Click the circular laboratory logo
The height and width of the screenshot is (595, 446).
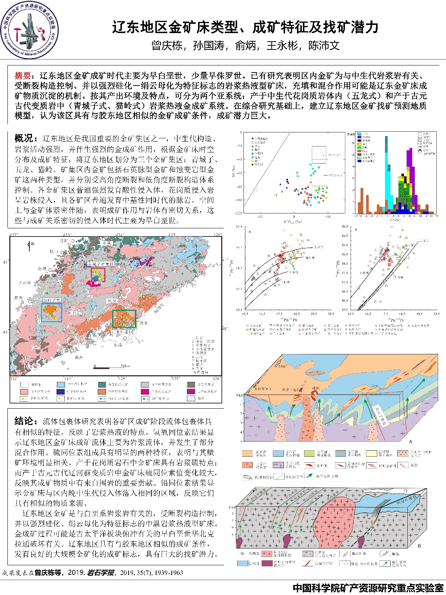29,30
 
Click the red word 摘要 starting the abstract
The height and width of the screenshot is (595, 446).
22,76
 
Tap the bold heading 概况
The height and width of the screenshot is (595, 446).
24,138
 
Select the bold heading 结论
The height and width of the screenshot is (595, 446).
24,421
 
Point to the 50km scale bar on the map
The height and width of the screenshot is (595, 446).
111,366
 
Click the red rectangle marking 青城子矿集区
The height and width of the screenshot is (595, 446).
98,275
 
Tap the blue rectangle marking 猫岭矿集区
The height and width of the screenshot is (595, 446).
52,312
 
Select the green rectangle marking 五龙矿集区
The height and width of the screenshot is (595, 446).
124,319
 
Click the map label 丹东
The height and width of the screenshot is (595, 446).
144,323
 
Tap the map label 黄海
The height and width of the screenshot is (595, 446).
79,358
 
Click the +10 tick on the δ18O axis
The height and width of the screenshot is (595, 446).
327,216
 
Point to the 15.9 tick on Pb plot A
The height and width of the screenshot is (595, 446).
239,226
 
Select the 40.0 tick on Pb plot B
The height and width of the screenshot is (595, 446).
345,226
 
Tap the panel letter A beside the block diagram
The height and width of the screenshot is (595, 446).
411,441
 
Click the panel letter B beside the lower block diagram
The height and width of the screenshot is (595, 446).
419,546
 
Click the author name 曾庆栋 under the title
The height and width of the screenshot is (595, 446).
167,46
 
